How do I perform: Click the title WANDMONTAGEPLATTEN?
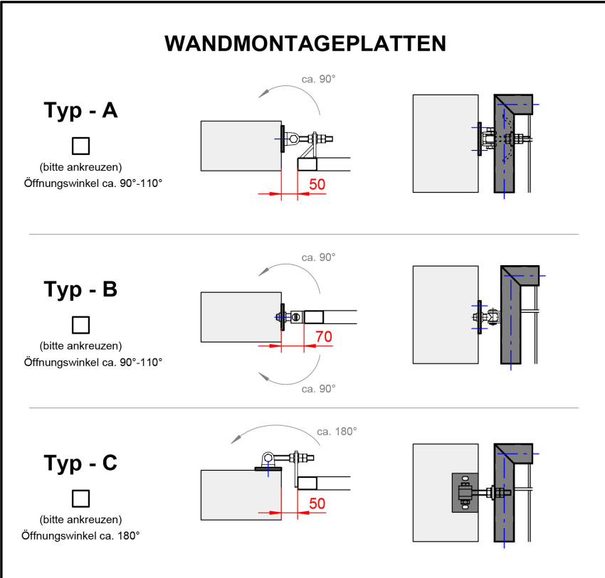tap(305, 43)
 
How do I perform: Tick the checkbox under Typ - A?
tap(80, 146)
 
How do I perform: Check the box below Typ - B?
tap(80, 325)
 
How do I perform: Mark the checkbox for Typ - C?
tap(80, 498)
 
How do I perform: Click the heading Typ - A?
tap(80, 111)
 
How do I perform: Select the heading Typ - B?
tap(80, 290)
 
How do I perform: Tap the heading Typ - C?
tap(80, 463)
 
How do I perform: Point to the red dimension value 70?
tap(323, 337)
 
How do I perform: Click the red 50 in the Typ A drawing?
tap(317, 184)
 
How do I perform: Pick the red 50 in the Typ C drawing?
tap(317, 503)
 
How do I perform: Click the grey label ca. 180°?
tap(337, 431)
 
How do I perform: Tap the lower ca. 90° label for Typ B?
tap(318, 389)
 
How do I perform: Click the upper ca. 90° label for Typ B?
tap(318, 257)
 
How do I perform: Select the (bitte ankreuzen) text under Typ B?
tap(80, 346)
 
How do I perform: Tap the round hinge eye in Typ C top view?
tap(269, 457)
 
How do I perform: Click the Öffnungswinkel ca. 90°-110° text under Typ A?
tap(93, 183)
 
